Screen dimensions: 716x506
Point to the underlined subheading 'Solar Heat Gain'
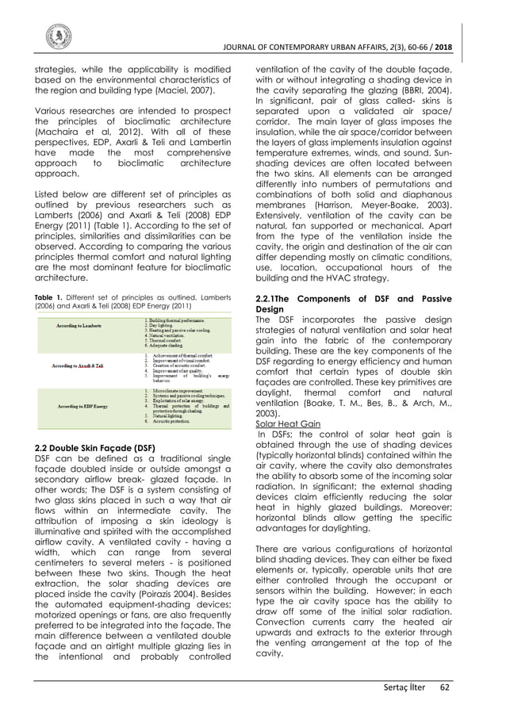282,424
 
